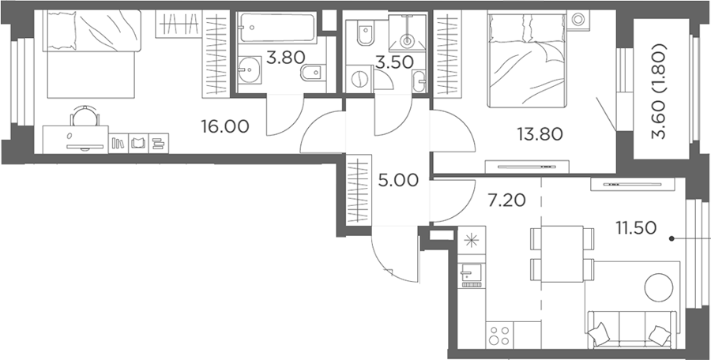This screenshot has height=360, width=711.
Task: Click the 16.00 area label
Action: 225,127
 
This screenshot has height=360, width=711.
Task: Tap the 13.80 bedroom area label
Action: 540,133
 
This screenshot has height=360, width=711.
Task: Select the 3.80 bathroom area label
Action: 286,58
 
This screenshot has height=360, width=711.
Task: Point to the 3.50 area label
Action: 394,62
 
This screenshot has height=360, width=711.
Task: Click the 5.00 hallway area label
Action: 398,181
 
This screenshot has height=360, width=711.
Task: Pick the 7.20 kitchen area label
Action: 506,200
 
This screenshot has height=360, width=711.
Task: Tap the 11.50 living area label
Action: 636,228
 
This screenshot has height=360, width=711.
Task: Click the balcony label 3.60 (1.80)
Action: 660,91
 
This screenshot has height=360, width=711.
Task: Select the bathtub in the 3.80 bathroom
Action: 276,28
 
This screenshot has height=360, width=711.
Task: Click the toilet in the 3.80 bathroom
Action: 313,72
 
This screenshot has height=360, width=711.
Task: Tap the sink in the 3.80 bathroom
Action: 249,70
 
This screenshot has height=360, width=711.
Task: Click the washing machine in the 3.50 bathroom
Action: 359,79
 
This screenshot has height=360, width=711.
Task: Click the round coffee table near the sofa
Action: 659,287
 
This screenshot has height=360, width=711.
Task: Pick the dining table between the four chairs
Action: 562,254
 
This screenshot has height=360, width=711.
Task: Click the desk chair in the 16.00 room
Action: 85,116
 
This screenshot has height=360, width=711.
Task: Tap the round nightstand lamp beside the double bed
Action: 578,20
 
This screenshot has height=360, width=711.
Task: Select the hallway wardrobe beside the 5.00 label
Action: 359,190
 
